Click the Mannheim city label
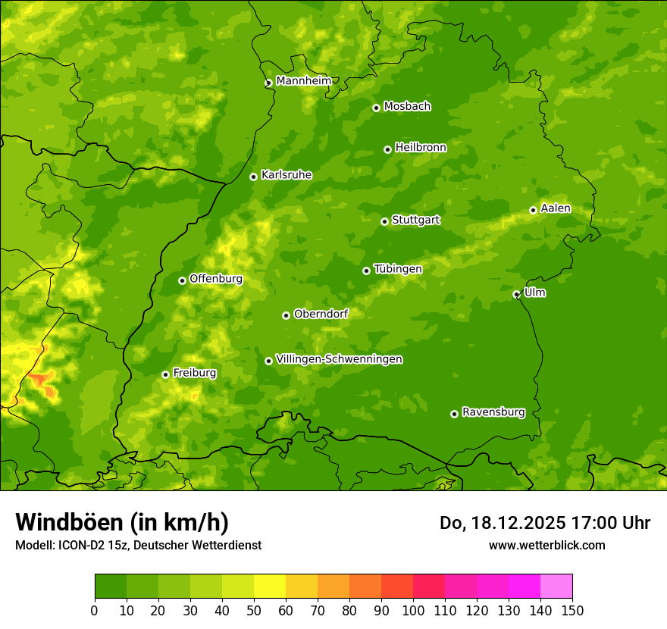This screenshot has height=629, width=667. pyautogui.click(x=304, y=81)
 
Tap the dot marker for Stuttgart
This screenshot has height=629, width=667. pyautogui.click(x=384, y=221)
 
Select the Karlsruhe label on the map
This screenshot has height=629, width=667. pyautogui.click(x=287, y=175)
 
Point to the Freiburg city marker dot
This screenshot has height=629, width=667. pyautogui.click(x=165, y=374)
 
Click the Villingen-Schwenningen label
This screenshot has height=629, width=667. pyautogui.click(x=340, y=359)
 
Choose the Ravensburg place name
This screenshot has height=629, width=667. pyautogui.click(x=493, y=412)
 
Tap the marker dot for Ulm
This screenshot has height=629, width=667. pyautogui.click(x=516, y=294)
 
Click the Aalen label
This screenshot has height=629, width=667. pyautogui.click(x=556, y=208)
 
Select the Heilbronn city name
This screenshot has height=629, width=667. pyautogui.click(x=421, y=148)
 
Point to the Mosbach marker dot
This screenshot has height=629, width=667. pyautogui.click(x=376, y=108)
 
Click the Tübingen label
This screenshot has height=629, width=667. pyautogui.click(x=398, y=269)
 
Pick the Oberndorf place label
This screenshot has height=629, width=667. pyautogui.click(x=321, y=314)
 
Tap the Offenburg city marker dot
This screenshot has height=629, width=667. pyautogui.click(x=182, y=280)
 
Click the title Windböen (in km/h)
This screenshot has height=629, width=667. pyautogui.click(x=122, y=522)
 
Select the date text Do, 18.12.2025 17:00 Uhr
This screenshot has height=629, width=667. pyautogui.click(x=545, y=523)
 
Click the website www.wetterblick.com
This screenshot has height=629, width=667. pyautogui.click(x=546, y=545)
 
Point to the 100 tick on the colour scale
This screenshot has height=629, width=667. pyautogui.click(x=413, y=609)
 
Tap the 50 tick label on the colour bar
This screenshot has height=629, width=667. pyautogui.click(x=254, y=609)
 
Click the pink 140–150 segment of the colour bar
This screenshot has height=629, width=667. pyautogui.click(x=556, y=586)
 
